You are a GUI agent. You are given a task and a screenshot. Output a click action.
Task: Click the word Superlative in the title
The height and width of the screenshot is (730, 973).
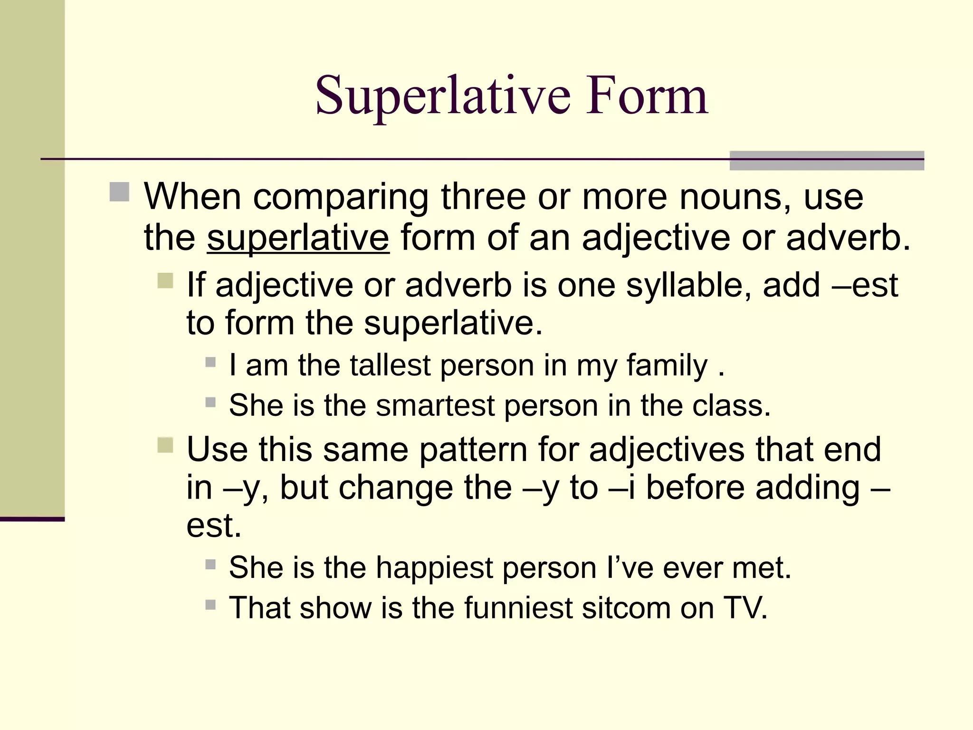click(442, 97)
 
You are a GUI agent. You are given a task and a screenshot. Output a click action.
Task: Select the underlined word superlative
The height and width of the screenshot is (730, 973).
click(298, 238)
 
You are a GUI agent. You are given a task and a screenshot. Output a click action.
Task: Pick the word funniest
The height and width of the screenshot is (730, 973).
click(518, 608)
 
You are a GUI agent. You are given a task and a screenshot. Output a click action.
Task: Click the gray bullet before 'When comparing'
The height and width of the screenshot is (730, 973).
click(119, 192)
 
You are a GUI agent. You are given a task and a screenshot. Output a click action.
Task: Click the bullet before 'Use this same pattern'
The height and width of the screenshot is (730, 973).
click(165, 445)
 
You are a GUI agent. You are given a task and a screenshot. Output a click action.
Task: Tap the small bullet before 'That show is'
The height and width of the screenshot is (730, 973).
click(210, 605)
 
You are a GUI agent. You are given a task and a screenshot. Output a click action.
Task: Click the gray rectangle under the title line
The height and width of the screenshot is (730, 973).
click(826, 161)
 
